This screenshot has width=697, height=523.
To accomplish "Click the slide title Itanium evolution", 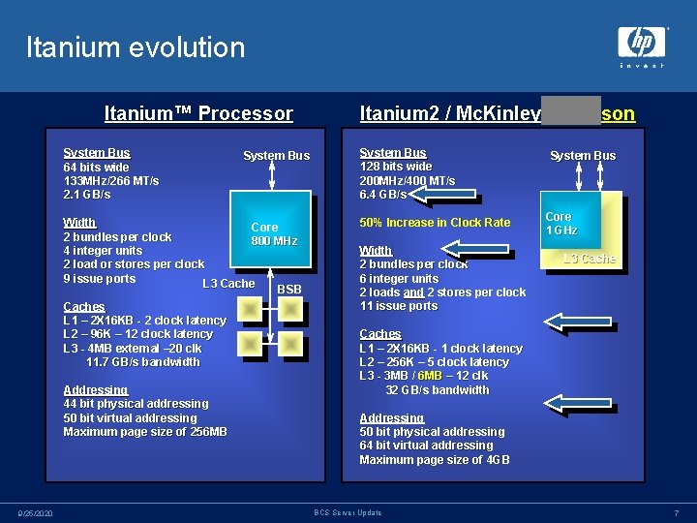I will tap(136, 46).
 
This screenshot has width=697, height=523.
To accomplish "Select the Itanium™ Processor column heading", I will tap(198, 113).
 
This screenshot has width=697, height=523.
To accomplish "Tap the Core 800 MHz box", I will tap(273, 233).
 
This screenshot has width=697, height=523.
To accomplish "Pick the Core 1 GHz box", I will tap(571, 223).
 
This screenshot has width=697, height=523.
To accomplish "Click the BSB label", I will tap(289, 290).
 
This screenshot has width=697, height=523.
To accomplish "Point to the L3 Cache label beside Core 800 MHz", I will tap(227, 283).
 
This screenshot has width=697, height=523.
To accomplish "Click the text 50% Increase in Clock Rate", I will tap(435, 223).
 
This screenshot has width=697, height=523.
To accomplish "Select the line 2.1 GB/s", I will tap(87, 195).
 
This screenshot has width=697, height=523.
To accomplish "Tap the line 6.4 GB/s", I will tap(383, 195).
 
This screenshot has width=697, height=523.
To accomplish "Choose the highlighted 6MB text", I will tap(430, 376).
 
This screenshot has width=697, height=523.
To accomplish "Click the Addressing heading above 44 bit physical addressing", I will tap(95, 390).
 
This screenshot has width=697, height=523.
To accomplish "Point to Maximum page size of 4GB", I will tap(434, 460).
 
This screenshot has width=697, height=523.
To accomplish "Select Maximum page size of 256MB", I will tap(145, 432).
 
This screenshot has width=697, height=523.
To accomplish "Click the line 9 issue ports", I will tap(100, 279).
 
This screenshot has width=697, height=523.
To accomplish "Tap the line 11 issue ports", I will tap(399, 306).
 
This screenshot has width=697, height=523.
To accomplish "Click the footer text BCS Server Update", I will tap(348, 512).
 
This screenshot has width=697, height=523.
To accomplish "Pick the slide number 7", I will tap(677, 512).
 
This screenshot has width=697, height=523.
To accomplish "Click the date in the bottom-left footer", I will tap(35, 512).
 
